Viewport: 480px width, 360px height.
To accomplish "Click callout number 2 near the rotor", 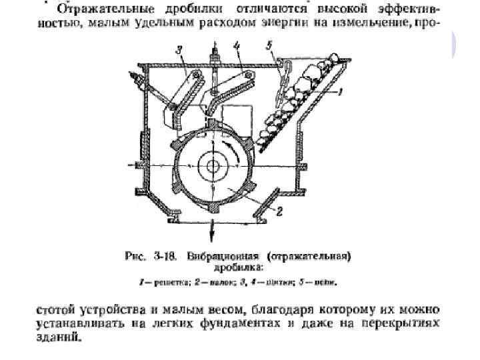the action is (280, 213).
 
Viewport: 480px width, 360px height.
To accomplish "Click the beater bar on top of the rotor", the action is (211, 124).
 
